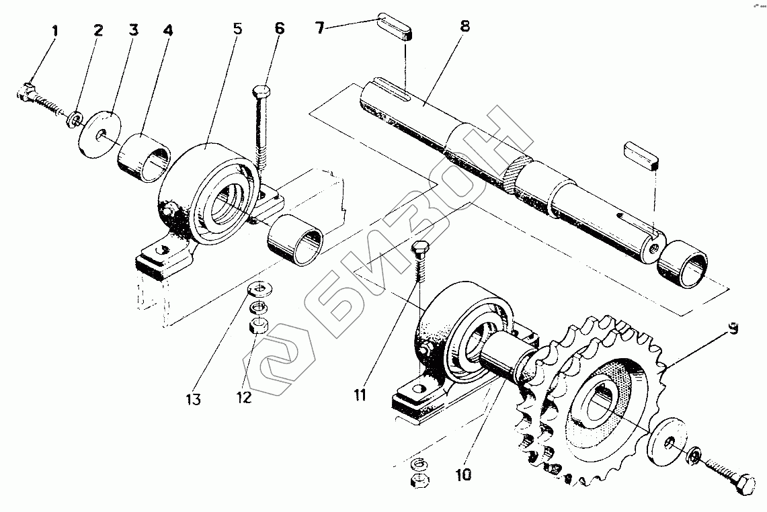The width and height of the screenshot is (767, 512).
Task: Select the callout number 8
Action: coord(465,28)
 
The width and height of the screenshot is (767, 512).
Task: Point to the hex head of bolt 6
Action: coord(261,91)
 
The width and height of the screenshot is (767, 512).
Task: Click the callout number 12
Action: coord(243,397)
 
